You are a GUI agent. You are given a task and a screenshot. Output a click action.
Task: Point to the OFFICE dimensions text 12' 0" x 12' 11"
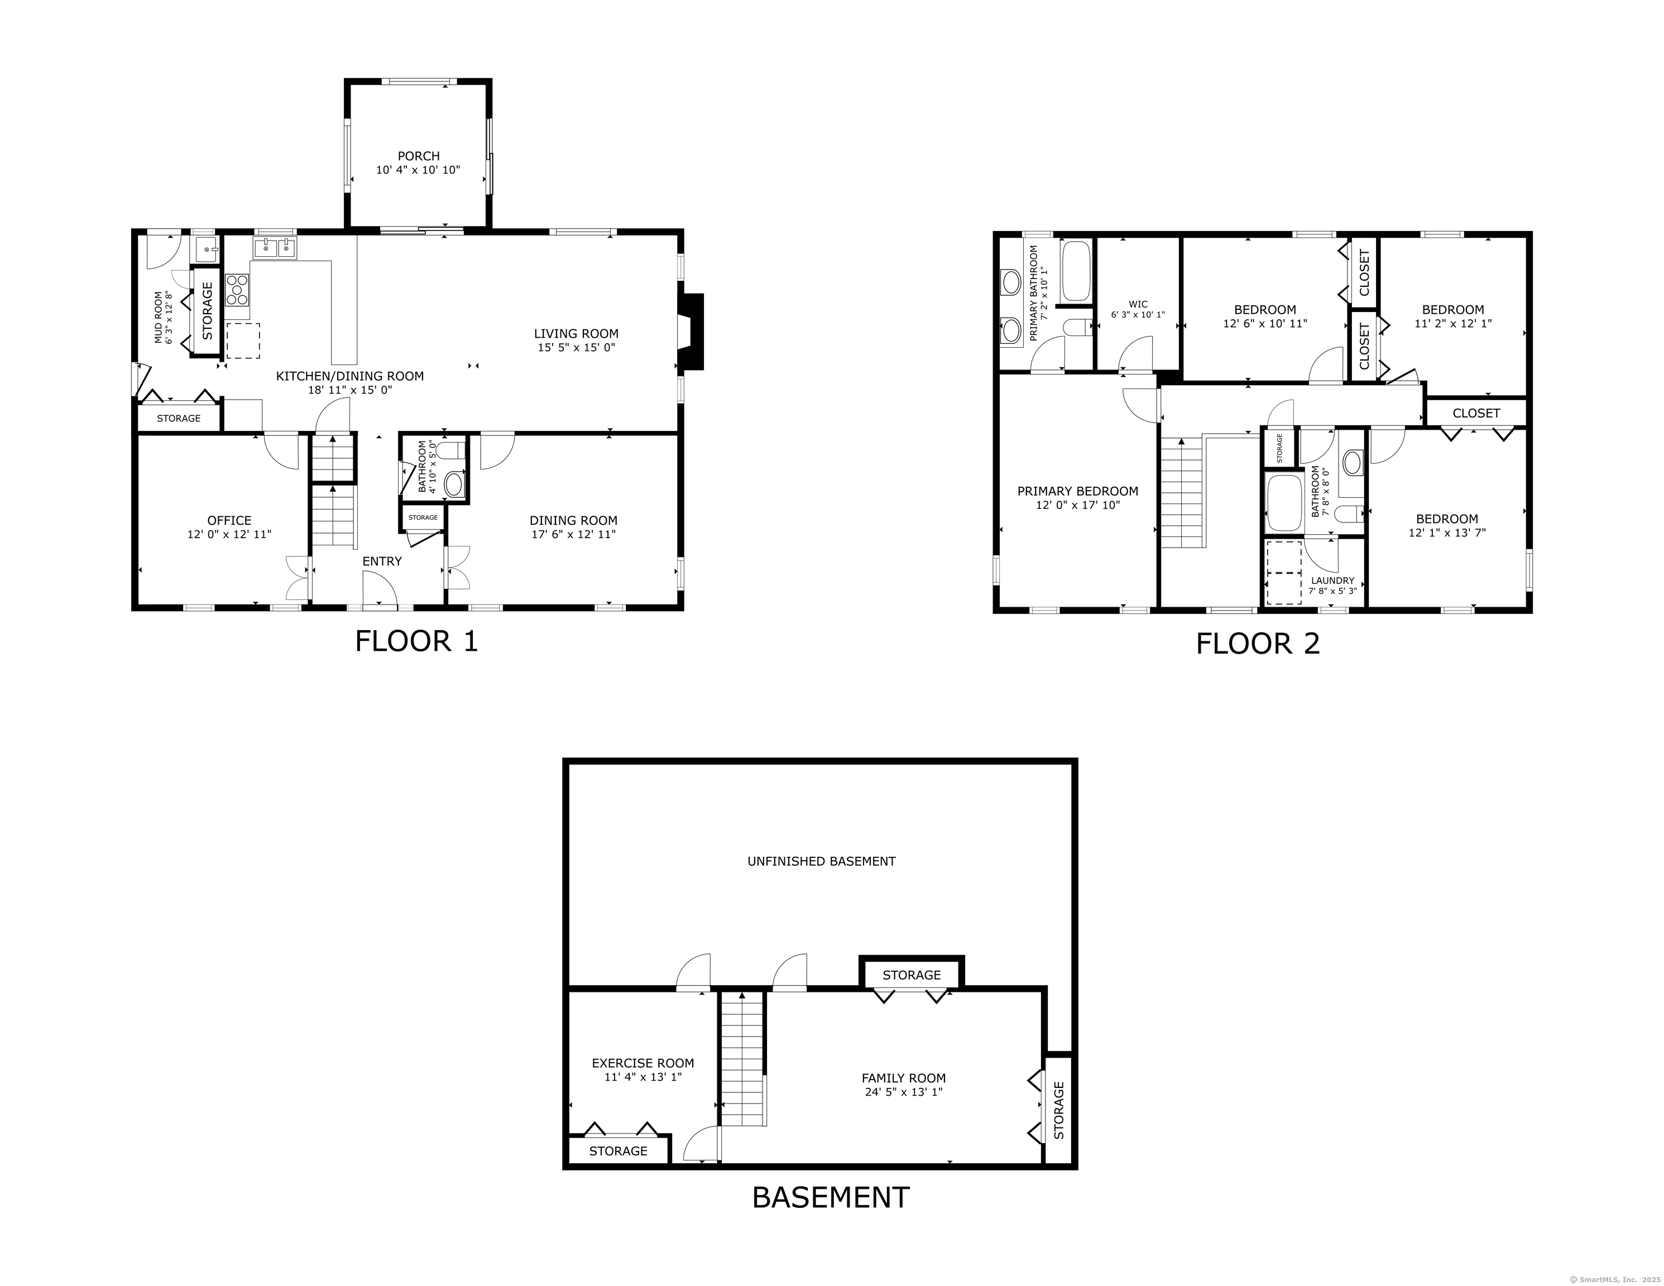click(229, 535)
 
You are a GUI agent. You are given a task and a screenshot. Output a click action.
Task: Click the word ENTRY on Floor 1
click(382, 562)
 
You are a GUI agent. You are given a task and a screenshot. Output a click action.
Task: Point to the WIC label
click(1138, 304)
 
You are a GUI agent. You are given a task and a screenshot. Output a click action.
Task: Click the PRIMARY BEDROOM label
click(1077, 491)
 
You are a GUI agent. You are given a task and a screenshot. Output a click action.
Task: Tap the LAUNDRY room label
click(1332, 580)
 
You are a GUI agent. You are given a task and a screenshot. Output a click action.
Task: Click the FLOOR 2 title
click(1257, 644)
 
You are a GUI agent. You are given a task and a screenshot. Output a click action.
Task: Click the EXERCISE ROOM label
click(643, 1063)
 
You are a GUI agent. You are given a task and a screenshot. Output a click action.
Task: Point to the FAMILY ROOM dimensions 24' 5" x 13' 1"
click(904, 1092)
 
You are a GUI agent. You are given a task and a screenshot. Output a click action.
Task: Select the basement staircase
click(742, 1059)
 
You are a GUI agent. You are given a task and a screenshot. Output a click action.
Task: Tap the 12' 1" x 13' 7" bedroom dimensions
click(1447, 533)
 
